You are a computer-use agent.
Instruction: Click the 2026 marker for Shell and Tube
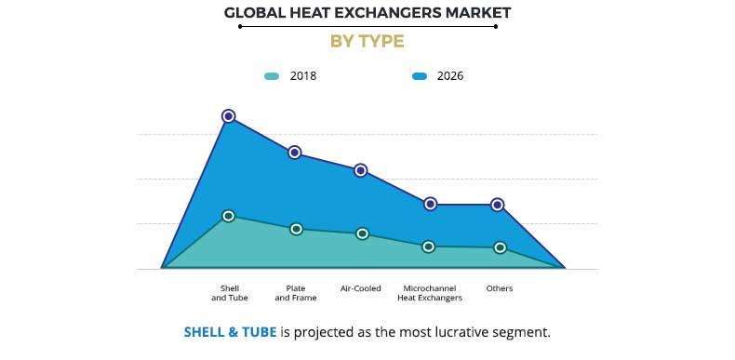tap(228, 116)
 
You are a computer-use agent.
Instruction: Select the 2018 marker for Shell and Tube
tap(228, 216)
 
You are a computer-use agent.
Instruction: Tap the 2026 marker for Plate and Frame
tap(295, 153)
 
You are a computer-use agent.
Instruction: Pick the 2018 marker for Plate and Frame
tap(296, 229)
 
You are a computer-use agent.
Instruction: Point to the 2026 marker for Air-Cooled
tap(361, 170)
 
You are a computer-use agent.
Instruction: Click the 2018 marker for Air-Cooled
tap(363, 233)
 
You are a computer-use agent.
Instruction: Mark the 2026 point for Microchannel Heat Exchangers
tap(430, 204)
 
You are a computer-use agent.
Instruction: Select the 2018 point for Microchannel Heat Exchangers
tap(429, 247)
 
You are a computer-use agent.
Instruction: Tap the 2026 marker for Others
tap(498, 205)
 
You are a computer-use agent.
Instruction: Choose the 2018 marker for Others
tap(500, 247)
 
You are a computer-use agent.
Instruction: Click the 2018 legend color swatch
tap(271, 76)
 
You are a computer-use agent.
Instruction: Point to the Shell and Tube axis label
tap(229, 293)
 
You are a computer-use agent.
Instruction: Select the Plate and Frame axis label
tap(296, 293)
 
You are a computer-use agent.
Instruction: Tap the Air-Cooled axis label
tap(361, 288)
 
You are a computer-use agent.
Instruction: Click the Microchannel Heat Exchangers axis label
tap(430, 293)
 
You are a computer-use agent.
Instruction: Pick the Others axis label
tap(500, 288)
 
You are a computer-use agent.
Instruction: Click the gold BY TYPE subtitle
tap(367, 42)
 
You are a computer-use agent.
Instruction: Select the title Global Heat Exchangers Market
tap(367, 13)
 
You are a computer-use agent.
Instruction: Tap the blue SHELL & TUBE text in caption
tap(230, 332)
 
